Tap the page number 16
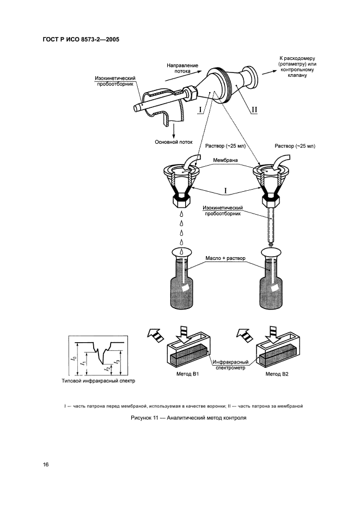pyautogui.click(x=46, y=464)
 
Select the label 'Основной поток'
pyautogui.click(x=173, y=143)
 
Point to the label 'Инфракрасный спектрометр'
pyautogui.click(x=231, y=365)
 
